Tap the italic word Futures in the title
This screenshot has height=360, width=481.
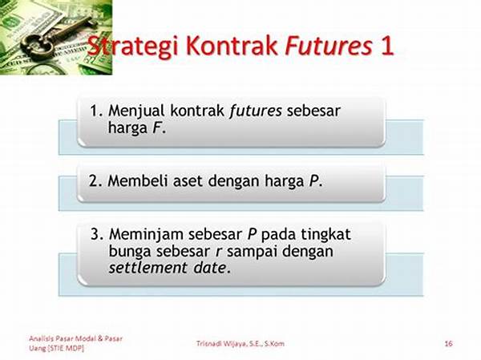(x=329, y=46)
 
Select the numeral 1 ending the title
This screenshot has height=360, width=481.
(x=386, y=47)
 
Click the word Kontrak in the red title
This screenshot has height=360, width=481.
(x=232, y=46)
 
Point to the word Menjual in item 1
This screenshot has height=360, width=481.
(x=136, y=111)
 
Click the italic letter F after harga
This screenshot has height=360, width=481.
(x=156, y=127)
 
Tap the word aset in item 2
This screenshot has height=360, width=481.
(x=188, y=181)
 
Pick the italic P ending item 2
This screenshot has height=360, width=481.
(x=313, y=180)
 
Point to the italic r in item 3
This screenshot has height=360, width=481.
(x=218, y=252)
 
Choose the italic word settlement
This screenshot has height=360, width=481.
(x=148, y=268)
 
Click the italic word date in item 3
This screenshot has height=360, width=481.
(x=210, y=268)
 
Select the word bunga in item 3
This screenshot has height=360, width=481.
(x=130, y=252)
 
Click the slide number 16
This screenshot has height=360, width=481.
(x=448, y=343)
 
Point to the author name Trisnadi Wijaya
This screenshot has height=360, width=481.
(x=222, y=344)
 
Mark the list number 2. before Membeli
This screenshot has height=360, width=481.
(x=95, y=180)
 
